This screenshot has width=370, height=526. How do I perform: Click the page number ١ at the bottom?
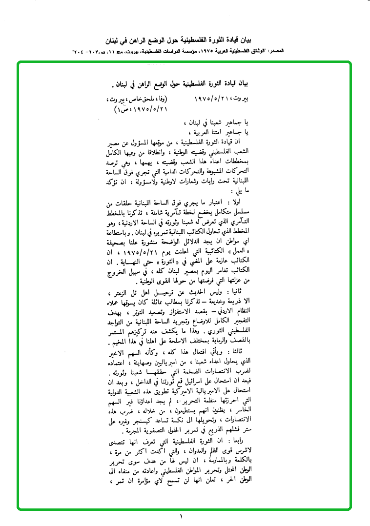pos(180,516)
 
